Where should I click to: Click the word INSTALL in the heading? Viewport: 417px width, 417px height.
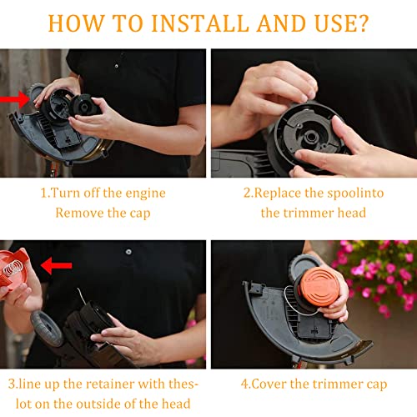200,23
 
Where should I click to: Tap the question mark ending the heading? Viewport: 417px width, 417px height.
361,23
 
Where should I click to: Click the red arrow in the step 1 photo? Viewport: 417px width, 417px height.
14,99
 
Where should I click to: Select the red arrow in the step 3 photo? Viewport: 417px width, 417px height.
57,265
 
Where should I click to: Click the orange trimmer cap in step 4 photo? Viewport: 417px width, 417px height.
319,287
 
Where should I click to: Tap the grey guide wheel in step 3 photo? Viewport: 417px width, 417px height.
47,329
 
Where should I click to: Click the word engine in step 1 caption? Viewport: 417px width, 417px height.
145,193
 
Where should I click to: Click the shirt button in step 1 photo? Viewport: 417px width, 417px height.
117,66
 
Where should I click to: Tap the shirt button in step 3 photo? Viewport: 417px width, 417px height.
128,252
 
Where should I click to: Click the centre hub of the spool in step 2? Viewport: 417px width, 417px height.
309,136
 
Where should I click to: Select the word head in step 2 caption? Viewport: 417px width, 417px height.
352,213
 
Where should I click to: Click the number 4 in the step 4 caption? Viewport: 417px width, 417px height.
244,384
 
